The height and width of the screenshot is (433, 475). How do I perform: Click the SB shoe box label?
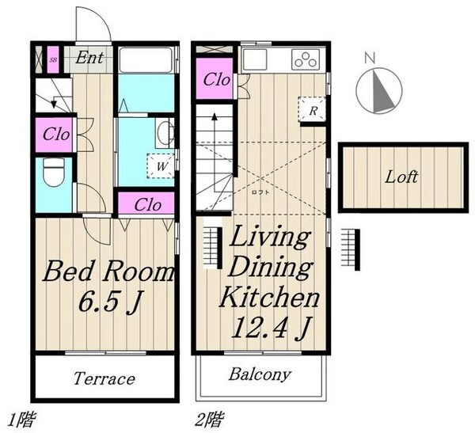53,59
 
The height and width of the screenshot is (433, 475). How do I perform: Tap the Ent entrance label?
89,58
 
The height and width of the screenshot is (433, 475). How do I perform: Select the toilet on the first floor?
54,172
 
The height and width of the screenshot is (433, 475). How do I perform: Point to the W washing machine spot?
161,165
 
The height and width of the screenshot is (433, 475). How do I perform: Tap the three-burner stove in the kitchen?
306,59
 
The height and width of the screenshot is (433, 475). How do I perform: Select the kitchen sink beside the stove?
255,59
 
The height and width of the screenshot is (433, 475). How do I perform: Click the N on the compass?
370,58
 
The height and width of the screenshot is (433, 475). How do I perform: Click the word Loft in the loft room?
401,177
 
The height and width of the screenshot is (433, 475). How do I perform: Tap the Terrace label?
104,378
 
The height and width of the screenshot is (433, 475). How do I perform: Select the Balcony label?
260,375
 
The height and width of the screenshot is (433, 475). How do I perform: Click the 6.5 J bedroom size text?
110,301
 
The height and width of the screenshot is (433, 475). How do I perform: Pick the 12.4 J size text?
272,327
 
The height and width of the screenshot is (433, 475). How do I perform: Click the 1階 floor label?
21,420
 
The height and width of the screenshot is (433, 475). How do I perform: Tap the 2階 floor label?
209,420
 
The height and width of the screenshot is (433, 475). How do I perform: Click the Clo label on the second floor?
216,80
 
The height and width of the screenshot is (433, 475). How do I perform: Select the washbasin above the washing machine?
165,133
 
